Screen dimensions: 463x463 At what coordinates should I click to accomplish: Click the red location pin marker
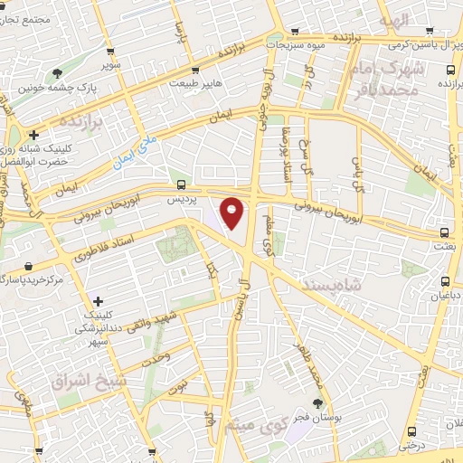(x=232, y=213)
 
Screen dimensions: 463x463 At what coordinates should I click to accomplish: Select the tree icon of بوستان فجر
(x=317, y=404)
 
